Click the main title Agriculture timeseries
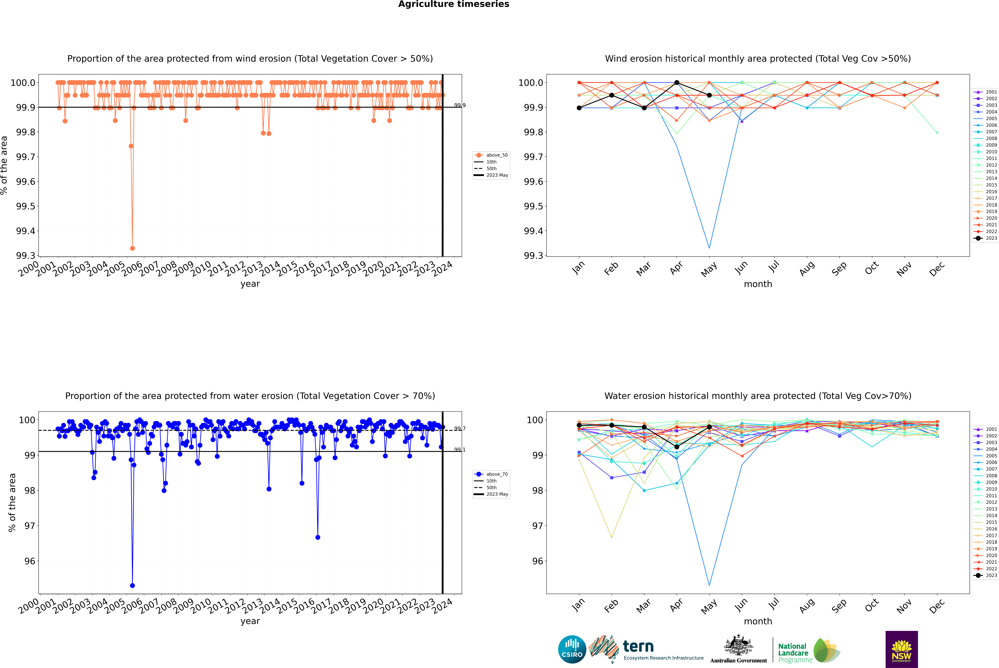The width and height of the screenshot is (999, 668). [453, 4]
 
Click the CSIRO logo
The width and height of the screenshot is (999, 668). [572, 649]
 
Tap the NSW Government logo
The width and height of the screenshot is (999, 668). [901, 649]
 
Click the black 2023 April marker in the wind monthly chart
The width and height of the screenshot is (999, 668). [677, 83]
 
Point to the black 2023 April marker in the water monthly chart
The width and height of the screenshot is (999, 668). [677, 447]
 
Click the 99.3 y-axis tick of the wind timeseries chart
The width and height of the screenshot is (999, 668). [26, 256]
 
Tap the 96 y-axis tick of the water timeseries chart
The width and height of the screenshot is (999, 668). [30, 561]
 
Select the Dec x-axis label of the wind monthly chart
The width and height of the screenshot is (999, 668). [937, 269]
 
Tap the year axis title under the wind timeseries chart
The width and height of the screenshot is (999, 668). [250, 284]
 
